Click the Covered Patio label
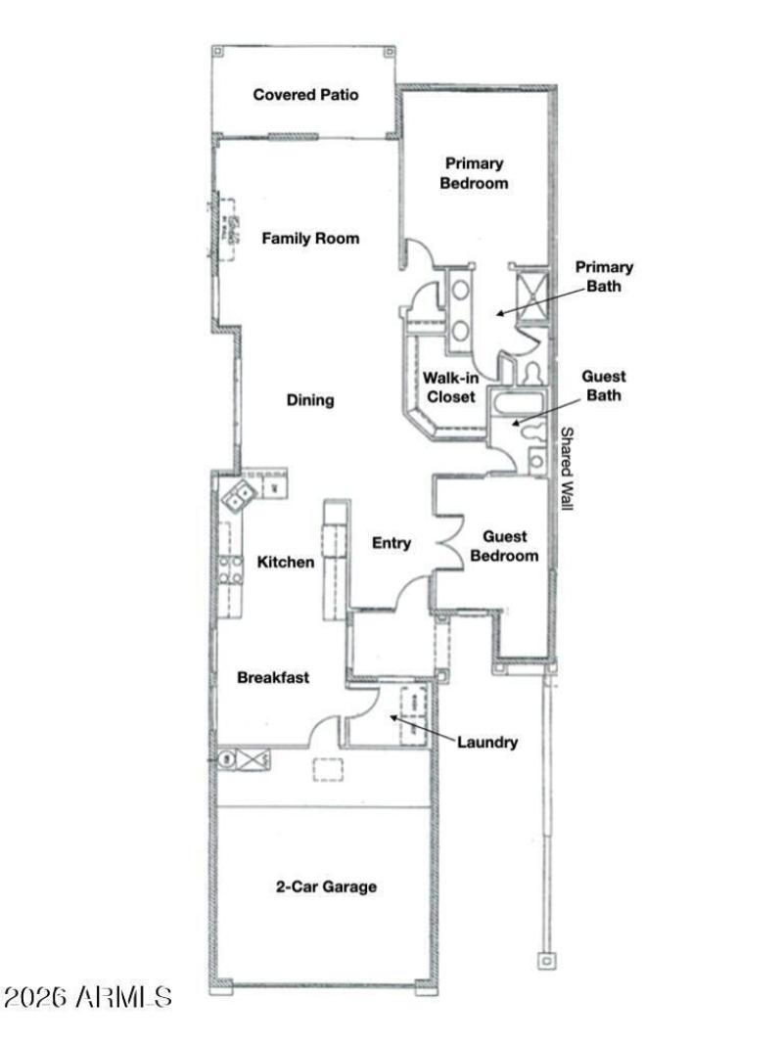(x=305, y=95)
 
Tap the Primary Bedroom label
(x=474, y=173)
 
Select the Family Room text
(x=309, y=238)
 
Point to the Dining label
(x=310, y=399)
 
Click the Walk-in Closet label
(x=449, y=386)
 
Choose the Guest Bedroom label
(x=504, y=546)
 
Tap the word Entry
(x=391, y=543)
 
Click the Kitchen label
(x=286, y=562)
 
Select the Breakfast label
(x=273, y=677)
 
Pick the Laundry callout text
(x=487, y=743)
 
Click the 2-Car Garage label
(x=324, y=887)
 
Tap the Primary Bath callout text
(x=604, y=276)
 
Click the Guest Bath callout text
(x=604, y=386)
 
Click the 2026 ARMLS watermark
(x=88, y=997)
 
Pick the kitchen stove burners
(x=231, y=569)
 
